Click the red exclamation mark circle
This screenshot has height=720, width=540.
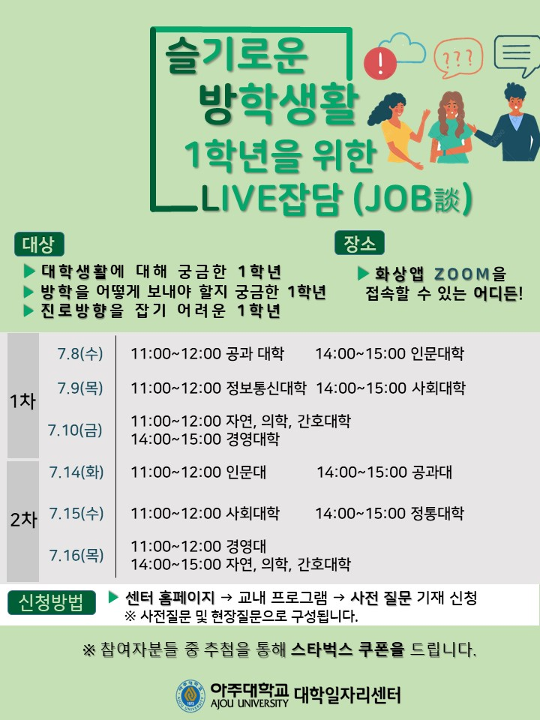pyautogui.click(x=379, y=63)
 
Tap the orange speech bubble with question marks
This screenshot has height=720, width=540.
pyautogui.click(x=458, y=58)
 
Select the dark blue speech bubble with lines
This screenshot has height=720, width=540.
pyautogui.click(x=517, y=55)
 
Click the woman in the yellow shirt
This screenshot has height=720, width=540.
pyautogui.click(x=396, y=130)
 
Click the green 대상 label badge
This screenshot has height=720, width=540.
pyautogui.click(x=39, y=244)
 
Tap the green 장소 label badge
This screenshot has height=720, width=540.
pyautogui.click(x=359, y=242)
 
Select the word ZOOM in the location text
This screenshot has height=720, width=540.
pyautogui.click(x=462, y=274)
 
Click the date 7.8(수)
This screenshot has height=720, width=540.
pyautogui.click(x=80, y=353)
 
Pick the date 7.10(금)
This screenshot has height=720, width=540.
pyautogui.click(x=75, y=430)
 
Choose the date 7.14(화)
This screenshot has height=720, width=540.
pyautogui.click(x=76, y=472)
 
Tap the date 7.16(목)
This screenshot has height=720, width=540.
pyautogui.click(x=76, y=555)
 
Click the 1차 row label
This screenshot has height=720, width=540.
pyautogui.click(x=22, y=400)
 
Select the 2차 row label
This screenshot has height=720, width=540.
pyautogui.click(x=23, y=519)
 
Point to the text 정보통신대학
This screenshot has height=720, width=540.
pyautogui.click(x=266, y=388)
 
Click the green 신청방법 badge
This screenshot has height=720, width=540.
pyautogui.click(x=52, y=602)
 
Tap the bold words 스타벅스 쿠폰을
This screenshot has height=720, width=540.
pyautogui.click(x=348, y=649)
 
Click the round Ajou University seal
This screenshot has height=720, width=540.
pyautogui.click(x=190, y=695)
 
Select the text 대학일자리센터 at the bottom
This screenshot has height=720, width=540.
pyautogui.click(x=347, y=695)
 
